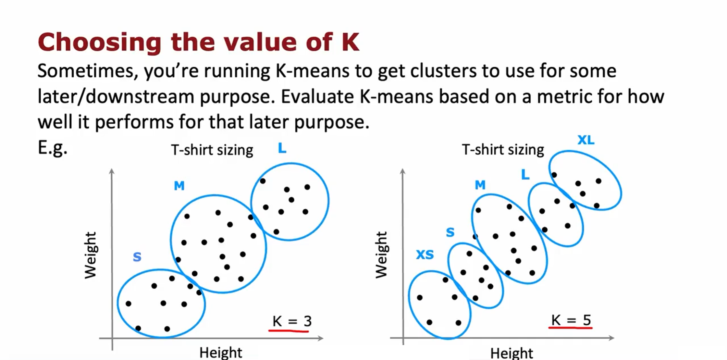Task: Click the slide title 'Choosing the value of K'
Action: pos(198,42)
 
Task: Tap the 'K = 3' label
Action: pos(292,321)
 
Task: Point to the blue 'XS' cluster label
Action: pos(425,255)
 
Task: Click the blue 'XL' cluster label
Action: pos(586,140)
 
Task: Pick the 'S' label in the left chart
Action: pos(137,257)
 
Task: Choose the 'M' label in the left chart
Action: pos(179,186)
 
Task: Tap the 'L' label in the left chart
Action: pos(282,148)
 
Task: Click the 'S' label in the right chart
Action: pos(450,232)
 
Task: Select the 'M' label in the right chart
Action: pos(480,185)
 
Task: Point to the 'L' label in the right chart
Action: pos(525,175)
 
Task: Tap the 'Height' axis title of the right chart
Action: pos(511,353)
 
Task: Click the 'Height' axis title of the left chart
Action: pos(221,353)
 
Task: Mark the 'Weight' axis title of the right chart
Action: pos(381,255)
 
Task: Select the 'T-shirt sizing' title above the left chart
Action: pos(212,150)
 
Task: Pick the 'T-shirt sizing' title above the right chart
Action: pos(503,150)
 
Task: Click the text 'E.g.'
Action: pos(53,148)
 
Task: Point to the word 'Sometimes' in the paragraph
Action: pos(88,71)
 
